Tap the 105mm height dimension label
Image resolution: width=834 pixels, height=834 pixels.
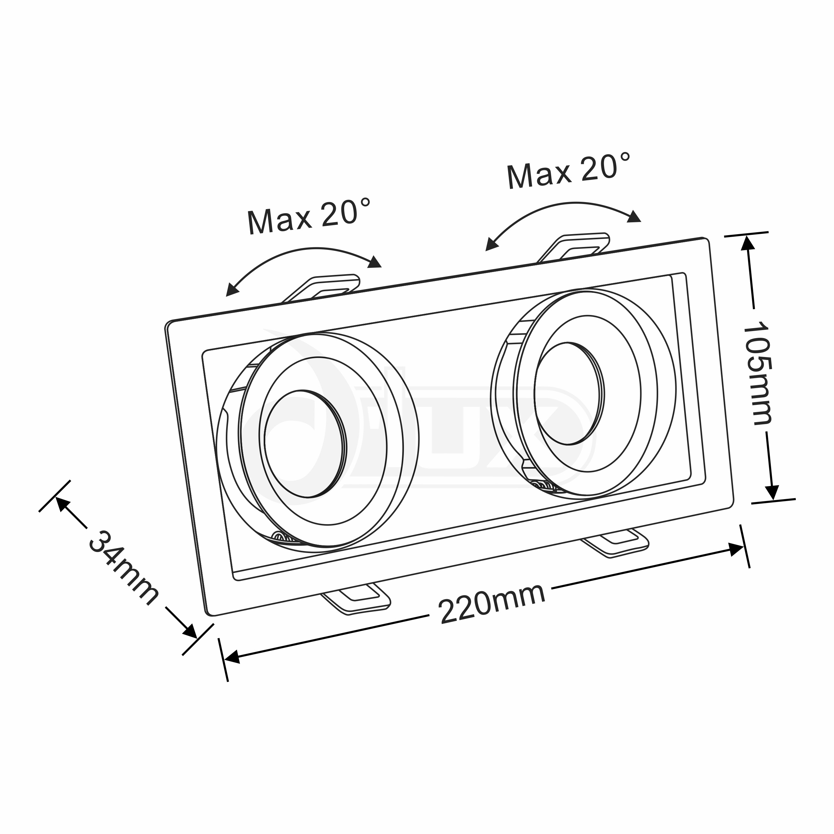pos(758,372)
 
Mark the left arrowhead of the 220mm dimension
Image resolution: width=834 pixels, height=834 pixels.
pos(232,658)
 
